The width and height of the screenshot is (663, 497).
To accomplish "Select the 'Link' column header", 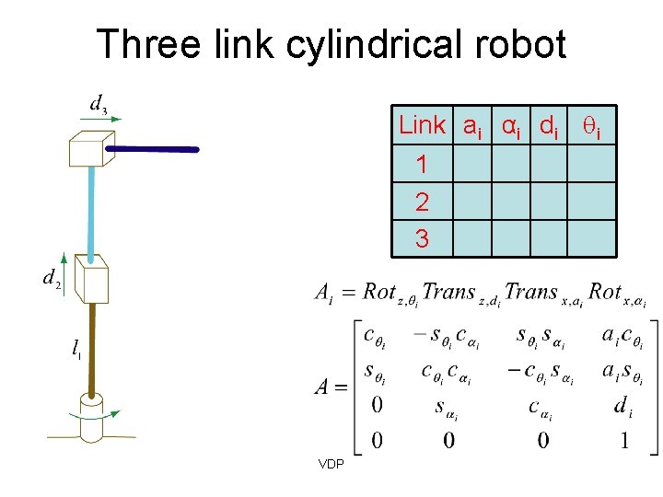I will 422,125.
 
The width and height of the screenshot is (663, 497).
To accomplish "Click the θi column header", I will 589,126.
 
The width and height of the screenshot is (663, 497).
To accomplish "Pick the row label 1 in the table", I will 422,165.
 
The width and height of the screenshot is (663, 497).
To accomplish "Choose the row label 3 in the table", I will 422,238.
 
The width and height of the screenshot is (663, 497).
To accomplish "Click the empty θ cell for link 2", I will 590,202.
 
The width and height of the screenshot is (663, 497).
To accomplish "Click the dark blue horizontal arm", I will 153,148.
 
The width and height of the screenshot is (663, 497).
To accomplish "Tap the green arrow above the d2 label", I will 62,259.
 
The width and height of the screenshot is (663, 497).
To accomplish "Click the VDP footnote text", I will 331,464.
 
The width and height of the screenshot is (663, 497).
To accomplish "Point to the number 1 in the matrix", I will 624,441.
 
